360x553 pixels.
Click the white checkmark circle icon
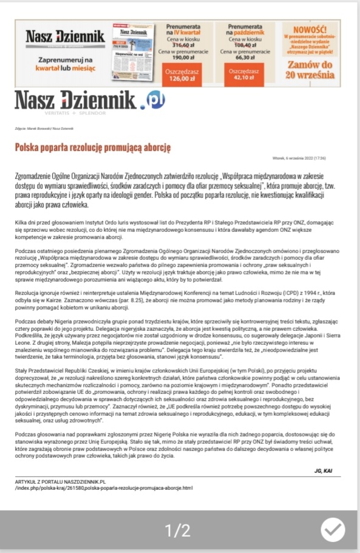click(x=333, y=530)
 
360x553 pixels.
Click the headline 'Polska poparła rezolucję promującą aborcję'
click(x=93, y=147)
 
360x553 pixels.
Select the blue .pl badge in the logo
click(x=151, y=99)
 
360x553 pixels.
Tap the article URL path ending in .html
click(x=103, y=487)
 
